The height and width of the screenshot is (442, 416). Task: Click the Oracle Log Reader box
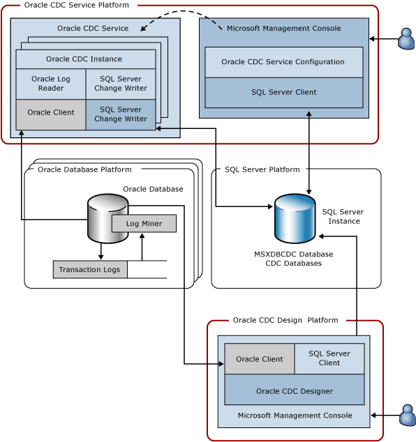(51, 84)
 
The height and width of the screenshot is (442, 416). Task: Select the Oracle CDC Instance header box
(85, 59)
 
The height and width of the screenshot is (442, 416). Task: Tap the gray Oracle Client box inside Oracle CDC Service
(51, 113)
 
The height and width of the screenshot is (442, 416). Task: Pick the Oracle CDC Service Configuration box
(283, 62)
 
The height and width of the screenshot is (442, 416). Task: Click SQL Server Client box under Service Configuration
(283, 92)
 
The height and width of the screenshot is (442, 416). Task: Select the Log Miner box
(144, 224)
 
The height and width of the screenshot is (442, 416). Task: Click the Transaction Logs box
(90, 270)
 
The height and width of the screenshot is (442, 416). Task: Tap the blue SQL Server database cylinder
(295, 219)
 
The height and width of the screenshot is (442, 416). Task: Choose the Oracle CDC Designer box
(294, 390)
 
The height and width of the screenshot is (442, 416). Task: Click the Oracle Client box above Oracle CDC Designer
(260, 359)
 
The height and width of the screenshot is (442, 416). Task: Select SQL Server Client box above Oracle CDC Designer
(329, 358)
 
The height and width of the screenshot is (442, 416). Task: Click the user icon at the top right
(406, 39)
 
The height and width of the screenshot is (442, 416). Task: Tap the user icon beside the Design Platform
(407, 415)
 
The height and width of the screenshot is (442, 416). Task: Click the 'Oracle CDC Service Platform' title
(77, 6)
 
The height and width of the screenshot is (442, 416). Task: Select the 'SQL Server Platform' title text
(262, 169)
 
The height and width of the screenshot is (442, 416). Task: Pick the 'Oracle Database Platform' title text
(84, 169)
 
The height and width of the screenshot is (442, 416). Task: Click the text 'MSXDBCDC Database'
(293, 254)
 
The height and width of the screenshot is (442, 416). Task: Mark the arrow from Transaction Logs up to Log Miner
(142, 247)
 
